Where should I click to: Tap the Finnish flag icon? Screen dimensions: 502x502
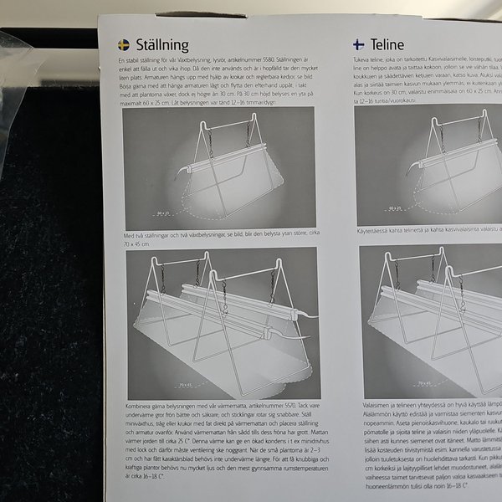357,45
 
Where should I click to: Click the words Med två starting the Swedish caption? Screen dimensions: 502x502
133,238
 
